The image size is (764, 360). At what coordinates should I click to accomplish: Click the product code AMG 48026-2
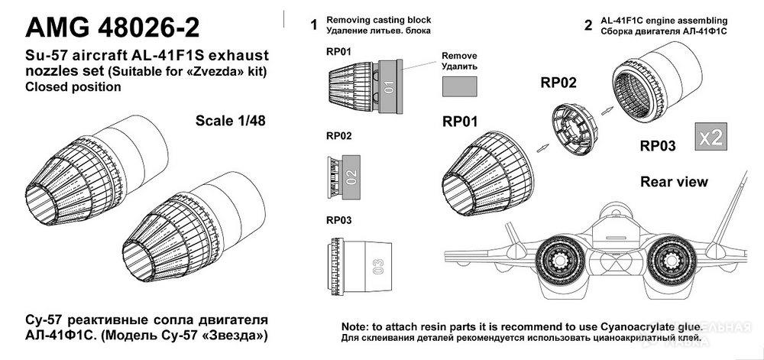coord(113,28)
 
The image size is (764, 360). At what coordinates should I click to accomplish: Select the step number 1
coord(313,24)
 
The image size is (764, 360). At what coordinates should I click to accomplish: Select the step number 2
coord(588,24)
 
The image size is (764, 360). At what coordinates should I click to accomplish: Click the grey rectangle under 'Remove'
coord(458,86)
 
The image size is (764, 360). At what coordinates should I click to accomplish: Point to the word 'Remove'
coord(459,57)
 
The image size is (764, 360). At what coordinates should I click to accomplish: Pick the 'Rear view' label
coord(674,182)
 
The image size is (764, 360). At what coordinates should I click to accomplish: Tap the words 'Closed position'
coord(73,87)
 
